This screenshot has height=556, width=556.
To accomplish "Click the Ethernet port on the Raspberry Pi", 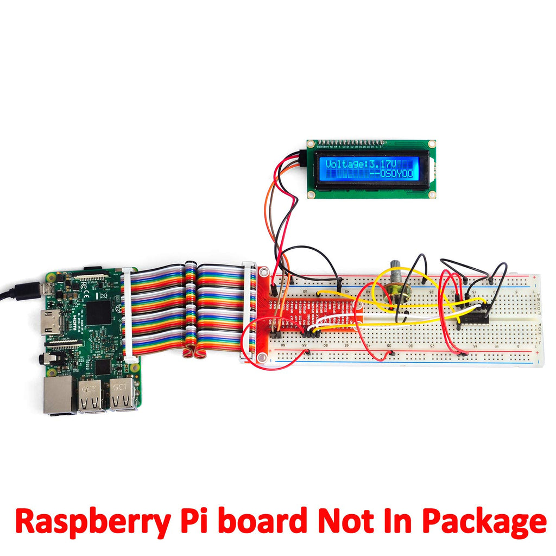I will click(x=58, y=395).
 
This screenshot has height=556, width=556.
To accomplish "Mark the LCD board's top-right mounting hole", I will click(x=431, y=144).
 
